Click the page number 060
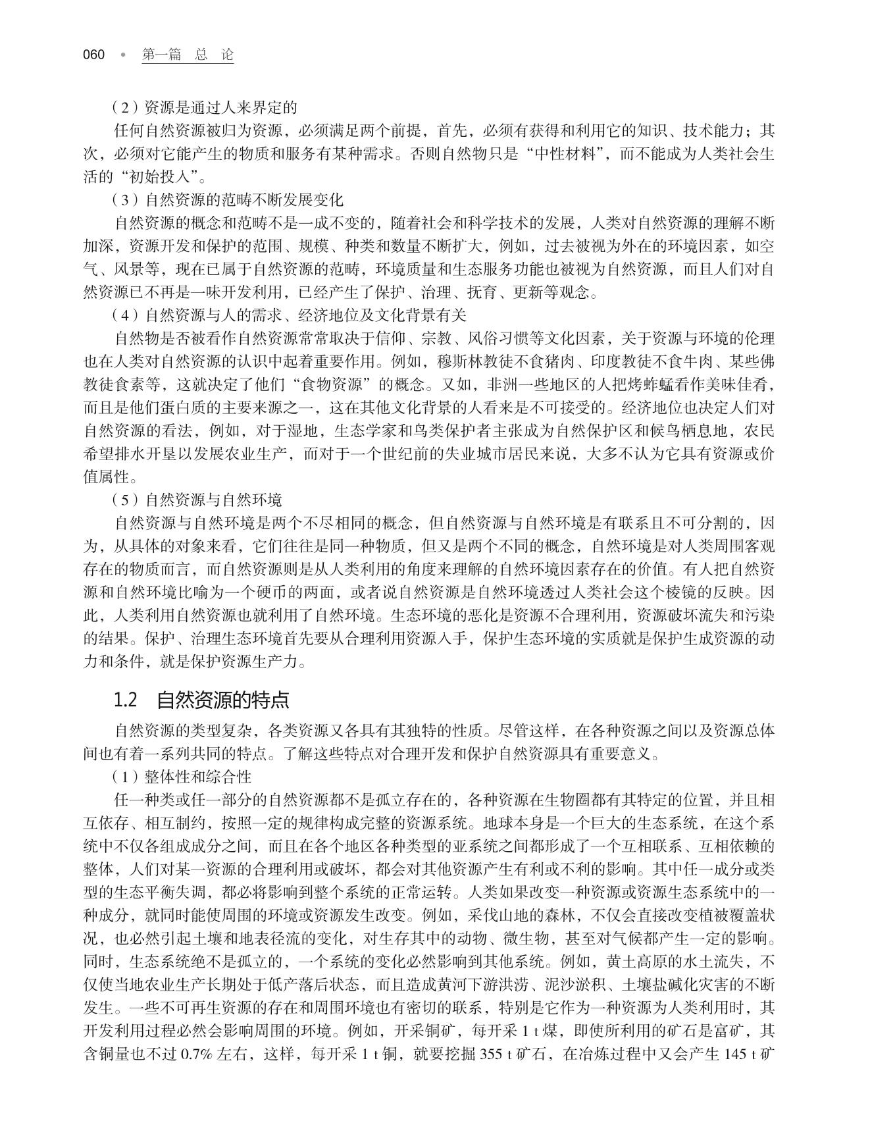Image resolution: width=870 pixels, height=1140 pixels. [x=94, y=55]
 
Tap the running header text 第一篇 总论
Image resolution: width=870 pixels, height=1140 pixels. [x=188, y=55]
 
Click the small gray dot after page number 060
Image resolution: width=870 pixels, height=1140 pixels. [x=122, y=55]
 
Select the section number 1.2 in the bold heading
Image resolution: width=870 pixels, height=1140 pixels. [x=125, y=700]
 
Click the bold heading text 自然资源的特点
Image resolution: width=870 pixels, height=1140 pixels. [x=223, y=700]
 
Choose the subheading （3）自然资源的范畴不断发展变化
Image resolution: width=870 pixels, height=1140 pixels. [x=227, y=199]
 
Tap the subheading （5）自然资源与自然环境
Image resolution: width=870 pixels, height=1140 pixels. [x=196, y=500]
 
